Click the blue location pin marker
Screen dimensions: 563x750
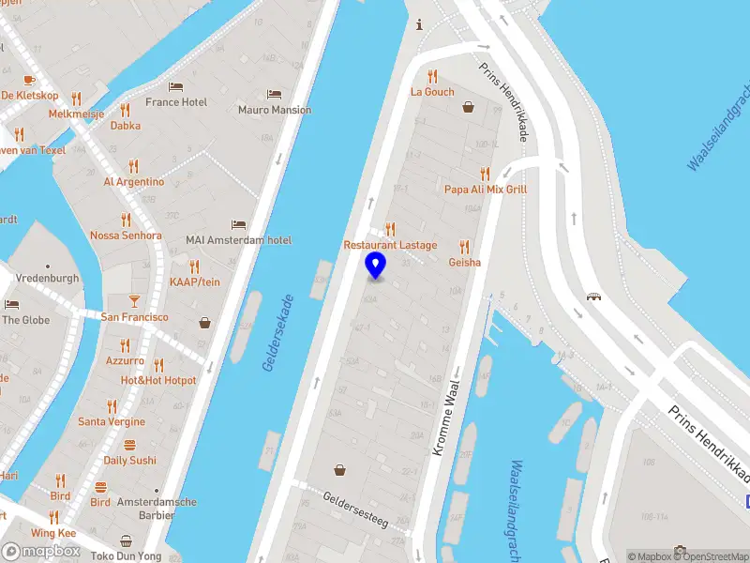pyautogui.click(x=375, y=265)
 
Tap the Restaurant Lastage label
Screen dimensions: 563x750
pyautogui.click(x=390, y=245)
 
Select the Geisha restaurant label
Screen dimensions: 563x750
pyautogui.click(x=464, y=262)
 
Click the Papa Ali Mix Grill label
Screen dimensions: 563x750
pyautogui.click(x=486, y=189)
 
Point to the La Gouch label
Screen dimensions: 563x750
pyautogui.click(x=432, y=92)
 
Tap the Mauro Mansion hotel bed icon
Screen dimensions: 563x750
pyautogui.click(x=274, y=94)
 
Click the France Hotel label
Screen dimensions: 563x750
pyautogui.click(x=176, y=102)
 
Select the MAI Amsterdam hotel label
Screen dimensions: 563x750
pyautogui.click(x=238, y=240)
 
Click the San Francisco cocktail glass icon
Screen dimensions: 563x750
pyautogui.click(x=134, y=301)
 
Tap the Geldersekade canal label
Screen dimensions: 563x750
pyautogui.click(x=277, y=334)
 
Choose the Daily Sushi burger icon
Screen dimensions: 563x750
pyautogui.click(x=129, y=445)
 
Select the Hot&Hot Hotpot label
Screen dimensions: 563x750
pyautogui.click(x=158, y=380)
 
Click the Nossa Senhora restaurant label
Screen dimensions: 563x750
pyautogui.click(x=126, y=236)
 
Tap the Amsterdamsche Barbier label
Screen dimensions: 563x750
pyautogui.click(x=157, y=509)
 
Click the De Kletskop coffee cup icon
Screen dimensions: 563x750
pyautogui.click(x=29, y=80)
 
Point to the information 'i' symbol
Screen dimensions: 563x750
pyautogui.click(x=419, y=24)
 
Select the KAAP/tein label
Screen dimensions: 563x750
pyautogui.click(x=195, y=281)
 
